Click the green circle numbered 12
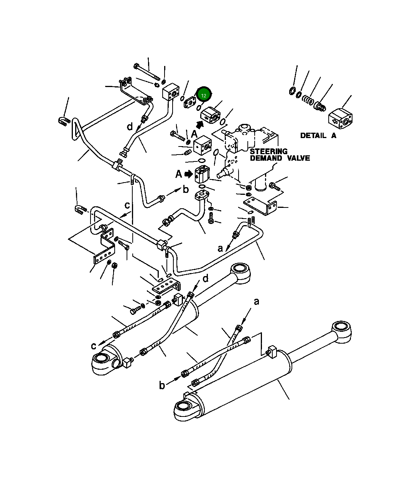click(204, 95)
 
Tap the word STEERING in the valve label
click(268, 151)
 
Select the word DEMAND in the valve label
click(266, 158)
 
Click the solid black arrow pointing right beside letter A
click(188, 174)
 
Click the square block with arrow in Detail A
click(340, 117)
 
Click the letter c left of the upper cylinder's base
click(94, 346)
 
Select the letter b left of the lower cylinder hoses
click(162, 385)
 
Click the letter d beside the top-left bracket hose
click(130, 126)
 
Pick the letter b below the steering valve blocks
click(186, 189)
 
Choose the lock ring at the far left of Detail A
click(293, 91)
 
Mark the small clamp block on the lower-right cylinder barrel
click(272, 352)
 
